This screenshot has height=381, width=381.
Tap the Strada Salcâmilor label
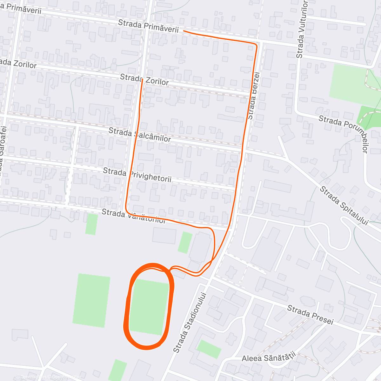point(140,135)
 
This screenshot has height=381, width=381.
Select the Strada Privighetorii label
point(137,175)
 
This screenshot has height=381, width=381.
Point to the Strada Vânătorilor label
point(133,216)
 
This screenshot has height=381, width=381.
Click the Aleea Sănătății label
point(269,358)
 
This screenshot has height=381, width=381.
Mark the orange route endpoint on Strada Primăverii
point(184,31)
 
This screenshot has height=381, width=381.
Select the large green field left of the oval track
point(91,300)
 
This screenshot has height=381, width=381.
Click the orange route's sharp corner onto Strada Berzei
point(256,45)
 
